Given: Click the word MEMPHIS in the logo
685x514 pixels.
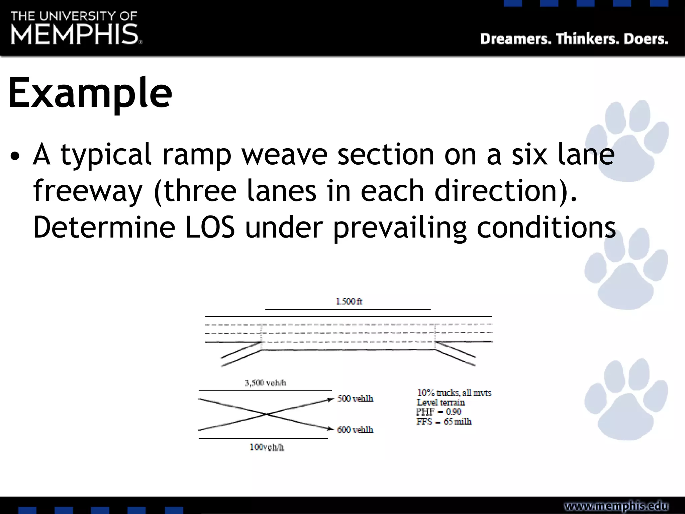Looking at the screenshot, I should (x=75, y=34).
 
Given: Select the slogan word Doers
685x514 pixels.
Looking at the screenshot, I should (x=646, y=39).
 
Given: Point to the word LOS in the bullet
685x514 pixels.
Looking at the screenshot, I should (x=210, y=227).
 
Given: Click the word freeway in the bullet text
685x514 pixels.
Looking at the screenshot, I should (x=88, y=191).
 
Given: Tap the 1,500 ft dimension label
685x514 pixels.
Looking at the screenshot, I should (x=349, y=302).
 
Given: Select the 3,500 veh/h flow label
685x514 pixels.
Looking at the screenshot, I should (x=266, y=382).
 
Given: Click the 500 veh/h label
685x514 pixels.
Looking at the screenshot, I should (x=355, y=398).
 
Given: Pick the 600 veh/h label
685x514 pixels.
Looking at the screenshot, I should (x=355, y=430).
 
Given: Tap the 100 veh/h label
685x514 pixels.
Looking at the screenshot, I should (x=267, y=447).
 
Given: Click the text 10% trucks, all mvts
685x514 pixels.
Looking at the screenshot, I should (x=454, y=393).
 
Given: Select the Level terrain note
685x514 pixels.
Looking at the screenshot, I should (x=441, y=402).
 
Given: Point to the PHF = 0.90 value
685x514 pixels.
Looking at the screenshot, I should (x=439, y=412).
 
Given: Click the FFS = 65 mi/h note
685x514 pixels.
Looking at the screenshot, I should (x=444, y=421).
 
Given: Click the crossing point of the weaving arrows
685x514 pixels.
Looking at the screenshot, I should (x=267, y=415).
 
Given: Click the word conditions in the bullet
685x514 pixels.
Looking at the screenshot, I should (x=546, y=227).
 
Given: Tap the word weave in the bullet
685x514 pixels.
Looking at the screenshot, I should (x=284, y=154).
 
